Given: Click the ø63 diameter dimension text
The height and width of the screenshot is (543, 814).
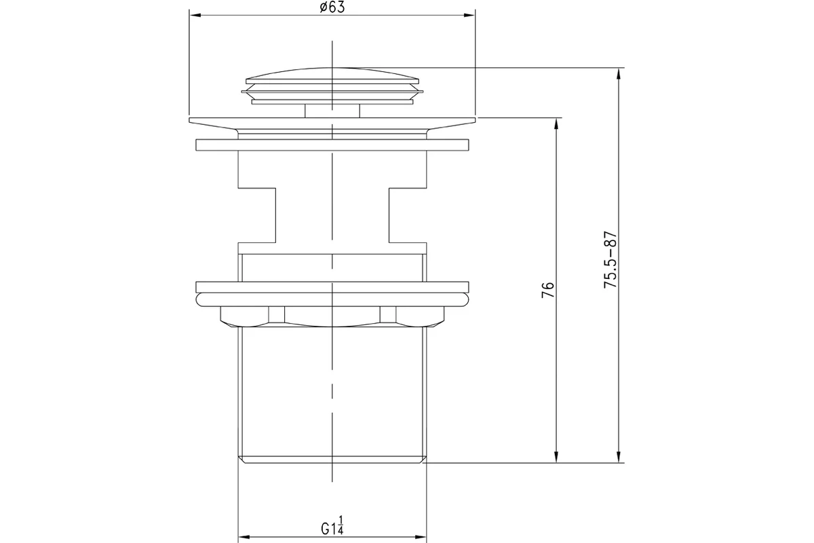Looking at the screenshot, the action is coord(332,7).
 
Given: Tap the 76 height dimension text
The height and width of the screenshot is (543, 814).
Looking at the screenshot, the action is coord(548,290).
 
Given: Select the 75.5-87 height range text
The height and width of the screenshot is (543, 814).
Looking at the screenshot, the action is coord(610,260).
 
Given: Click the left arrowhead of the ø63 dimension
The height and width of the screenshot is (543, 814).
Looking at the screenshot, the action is coord(195,16).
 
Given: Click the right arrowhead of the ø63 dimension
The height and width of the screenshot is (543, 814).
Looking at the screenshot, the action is coord(469,16).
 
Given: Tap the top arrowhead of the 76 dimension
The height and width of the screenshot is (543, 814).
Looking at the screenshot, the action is coord(556,124).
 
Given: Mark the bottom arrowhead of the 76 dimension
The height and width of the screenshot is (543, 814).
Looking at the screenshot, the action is coord(556,457).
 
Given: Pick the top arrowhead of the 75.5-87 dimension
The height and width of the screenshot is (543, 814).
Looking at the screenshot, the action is coord(619,74).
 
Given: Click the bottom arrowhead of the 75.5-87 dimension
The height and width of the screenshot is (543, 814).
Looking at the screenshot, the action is coord(619,457).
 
